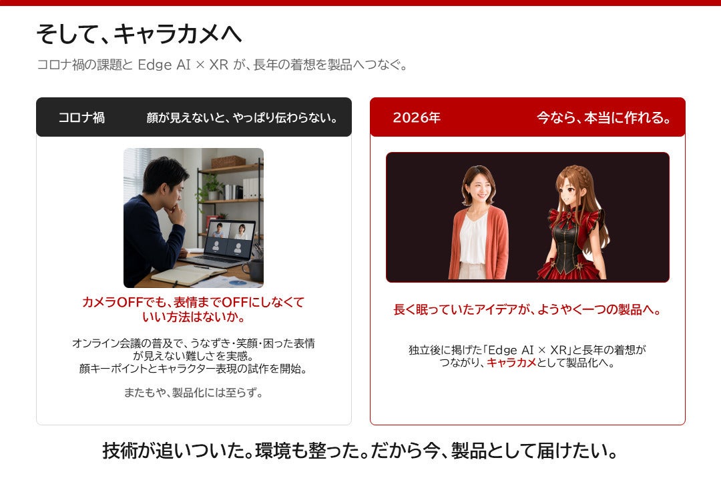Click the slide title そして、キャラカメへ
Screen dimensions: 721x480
tap(139, 34)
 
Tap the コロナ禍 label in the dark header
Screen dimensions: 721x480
tap(81, 117)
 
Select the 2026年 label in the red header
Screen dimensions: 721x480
tap(417, 117)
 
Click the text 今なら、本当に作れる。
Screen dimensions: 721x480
tap(604, 118)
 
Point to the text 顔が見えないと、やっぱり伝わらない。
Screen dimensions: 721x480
tap(242, 118)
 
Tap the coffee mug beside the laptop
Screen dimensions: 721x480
tap(254, 269)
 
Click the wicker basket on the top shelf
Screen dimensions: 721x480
tap(228, 161)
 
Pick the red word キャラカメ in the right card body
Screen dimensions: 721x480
tap(512, 363)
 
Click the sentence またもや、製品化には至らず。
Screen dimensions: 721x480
tap(194, 393)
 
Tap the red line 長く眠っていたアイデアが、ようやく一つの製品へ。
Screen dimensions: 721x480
tap(527, 309)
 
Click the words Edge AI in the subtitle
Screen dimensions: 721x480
tap(164, 64)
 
